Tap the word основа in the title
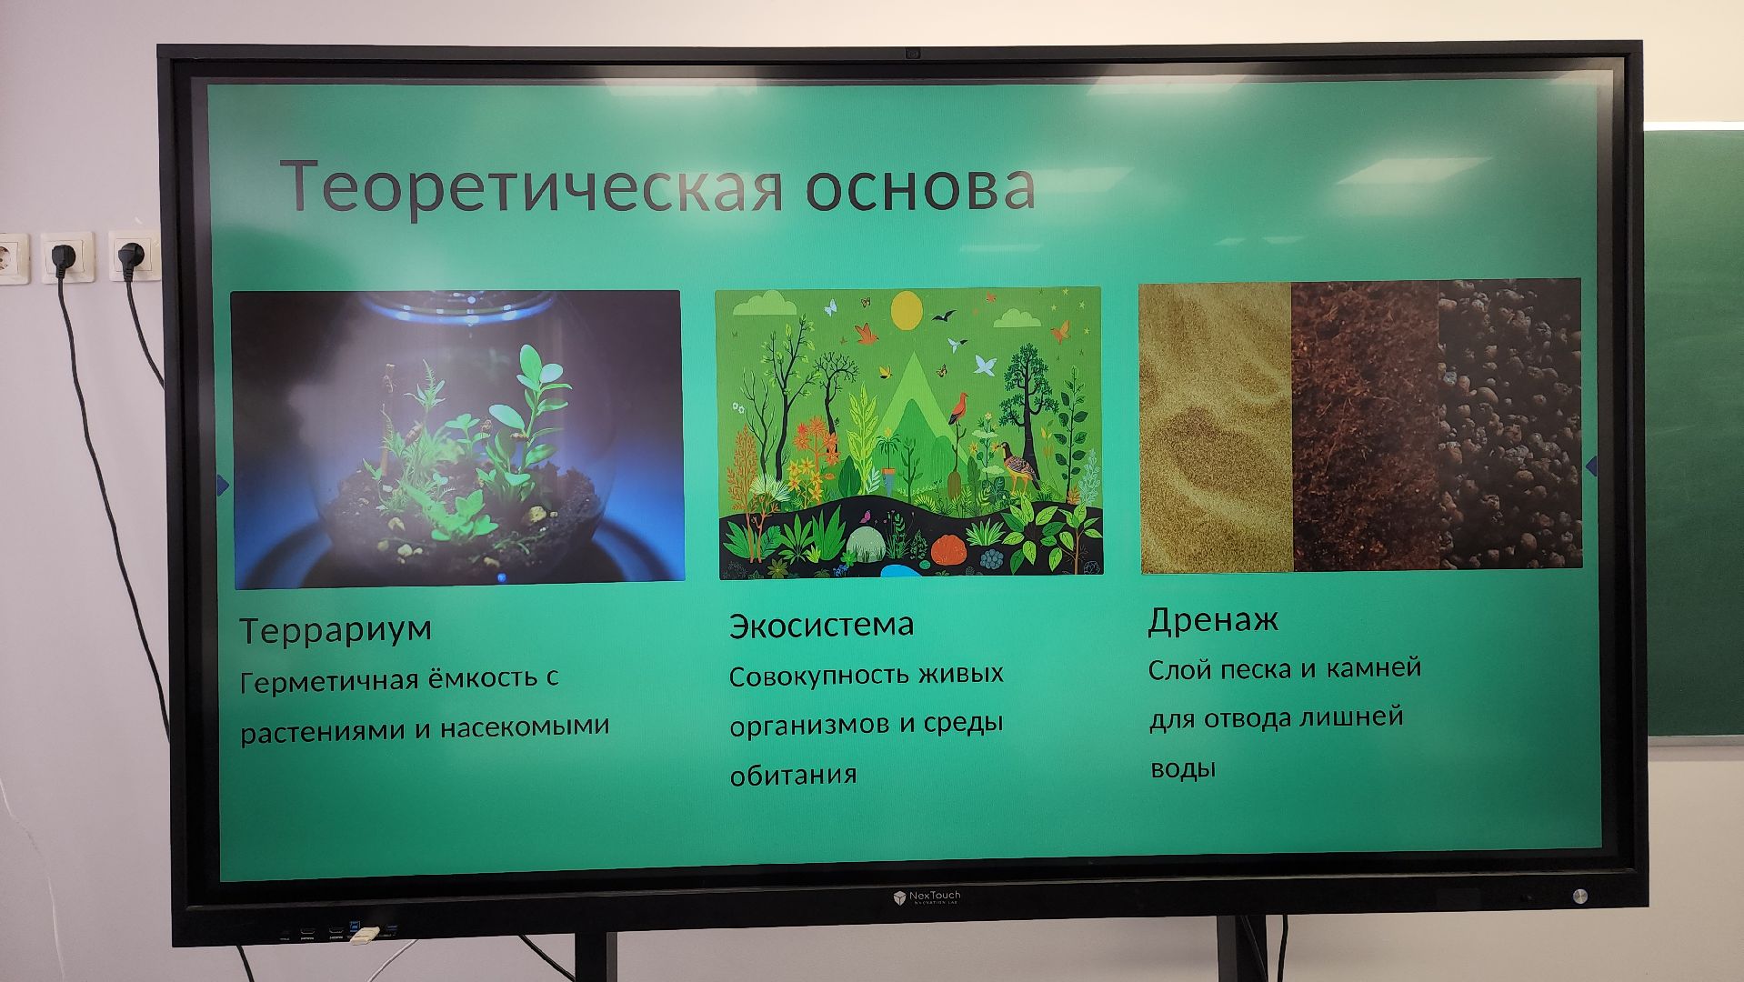point(920,187)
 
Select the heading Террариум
point(336,629)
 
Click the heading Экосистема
point(821,625)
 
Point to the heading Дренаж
point(1213,620)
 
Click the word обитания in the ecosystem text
point(793,776)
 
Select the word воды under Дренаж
point(1183,769)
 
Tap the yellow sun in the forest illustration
point(907,310)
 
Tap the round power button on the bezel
point(1580,896)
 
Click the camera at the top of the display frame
point(912,54)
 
